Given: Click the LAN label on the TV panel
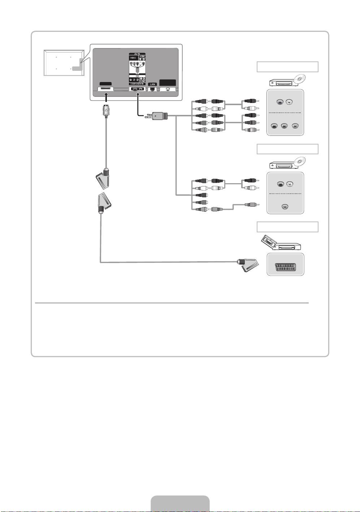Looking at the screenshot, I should (152, 84).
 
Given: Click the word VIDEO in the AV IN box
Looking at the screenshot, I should (133, 58).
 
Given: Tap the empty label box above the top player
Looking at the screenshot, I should (287, 67).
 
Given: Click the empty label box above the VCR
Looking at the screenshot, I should (287, 227).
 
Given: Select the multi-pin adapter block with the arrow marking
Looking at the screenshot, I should (159, 116).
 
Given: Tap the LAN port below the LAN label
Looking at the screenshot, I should (152, 89).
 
